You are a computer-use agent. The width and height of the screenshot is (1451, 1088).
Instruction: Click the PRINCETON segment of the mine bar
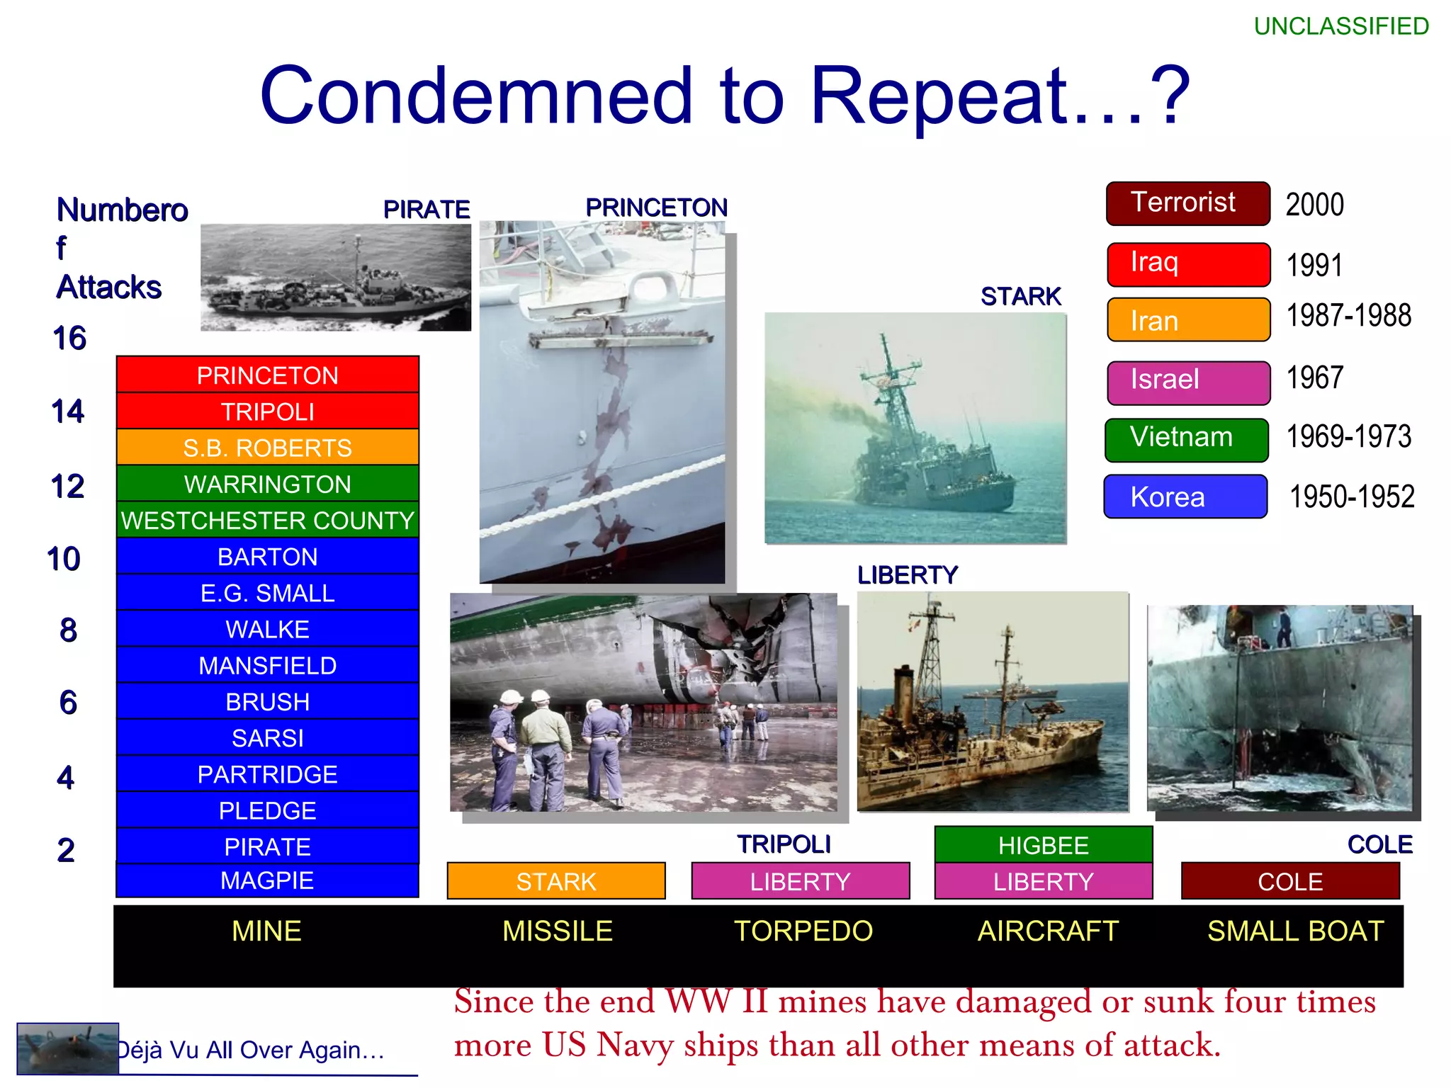[x=267, y=375]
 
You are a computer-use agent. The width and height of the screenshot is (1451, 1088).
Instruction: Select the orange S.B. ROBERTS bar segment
[x=267, y=448]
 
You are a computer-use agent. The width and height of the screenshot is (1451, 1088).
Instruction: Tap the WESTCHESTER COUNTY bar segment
[x=267, y=520]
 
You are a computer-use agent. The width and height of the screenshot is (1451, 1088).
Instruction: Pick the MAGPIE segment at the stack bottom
[x=267, y=880]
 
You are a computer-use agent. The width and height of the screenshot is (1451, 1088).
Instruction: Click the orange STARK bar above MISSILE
[x=555, y=881]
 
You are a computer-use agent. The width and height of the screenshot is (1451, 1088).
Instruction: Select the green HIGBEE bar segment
[x=1043, y=845]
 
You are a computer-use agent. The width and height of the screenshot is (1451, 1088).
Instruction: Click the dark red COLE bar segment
[x=1289, y=881]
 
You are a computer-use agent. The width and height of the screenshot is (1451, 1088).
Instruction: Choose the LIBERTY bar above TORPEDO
[x=800, y=881]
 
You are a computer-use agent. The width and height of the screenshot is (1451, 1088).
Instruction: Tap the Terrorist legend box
[x=1187, y=203]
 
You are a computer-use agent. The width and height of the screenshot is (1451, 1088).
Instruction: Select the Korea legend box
[x=1185, y=497]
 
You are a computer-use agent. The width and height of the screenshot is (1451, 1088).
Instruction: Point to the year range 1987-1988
[x=1348, y=316]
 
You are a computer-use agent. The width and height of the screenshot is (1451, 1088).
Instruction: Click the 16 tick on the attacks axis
[x=69, y=338]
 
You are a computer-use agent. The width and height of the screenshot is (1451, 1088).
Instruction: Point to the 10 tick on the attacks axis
[x=64, y=559]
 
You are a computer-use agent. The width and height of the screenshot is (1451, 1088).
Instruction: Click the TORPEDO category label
[x=803, y=931]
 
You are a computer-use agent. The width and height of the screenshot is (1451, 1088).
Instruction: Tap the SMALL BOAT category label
[x=1295, y=931]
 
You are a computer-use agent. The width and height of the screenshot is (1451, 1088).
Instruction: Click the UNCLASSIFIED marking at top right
[x=1340, y=26]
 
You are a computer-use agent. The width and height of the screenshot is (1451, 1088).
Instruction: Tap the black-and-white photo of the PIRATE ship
[x=335, y=278]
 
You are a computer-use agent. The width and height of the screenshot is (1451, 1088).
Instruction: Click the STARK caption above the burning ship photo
[x=1020, y=296]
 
